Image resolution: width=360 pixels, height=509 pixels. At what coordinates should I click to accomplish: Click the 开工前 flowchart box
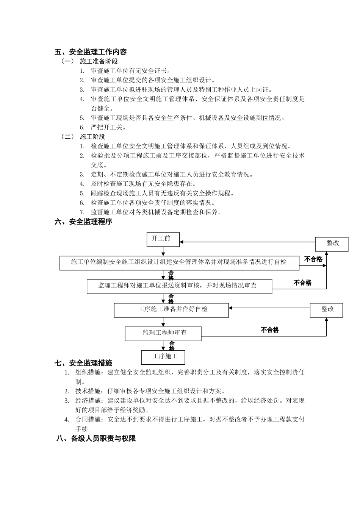coord(163,239)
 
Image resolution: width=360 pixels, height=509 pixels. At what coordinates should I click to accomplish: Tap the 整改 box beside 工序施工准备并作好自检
coord(327,309)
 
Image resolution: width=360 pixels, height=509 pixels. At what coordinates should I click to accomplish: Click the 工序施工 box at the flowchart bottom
coord(163,357)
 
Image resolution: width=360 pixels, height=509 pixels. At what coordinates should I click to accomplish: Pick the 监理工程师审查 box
coord(163,333)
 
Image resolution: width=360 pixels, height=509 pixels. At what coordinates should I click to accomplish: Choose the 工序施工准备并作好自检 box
coord(171,309)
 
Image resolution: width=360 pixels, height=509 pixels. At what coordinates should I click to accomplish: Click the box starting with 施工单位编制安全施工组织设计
coord(179,262)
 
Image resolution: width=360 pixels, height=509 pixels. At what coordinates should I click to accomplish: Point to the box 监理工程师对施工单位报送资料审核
coord(179,286)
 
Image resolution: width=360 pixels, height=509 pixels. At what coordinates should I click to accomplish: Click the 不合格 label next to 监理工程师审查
coord(270,330)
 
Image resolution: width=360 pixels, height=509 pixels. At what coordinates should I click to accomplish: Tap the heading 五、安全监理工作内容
coord(91,52)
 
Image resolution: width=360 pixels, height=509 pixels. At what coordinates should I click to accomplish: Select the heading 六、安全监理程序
coord(84,222)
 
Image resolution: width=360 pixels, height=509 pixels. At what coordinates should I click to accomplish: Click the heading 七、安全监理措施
coord(84,363)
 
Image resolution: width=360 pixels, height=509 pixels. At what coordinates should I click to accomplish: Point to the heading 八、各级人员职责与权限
coord(96,439)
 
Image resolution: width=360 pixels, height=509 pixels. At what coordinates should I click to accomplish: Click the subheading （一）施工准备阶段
coord(89,61)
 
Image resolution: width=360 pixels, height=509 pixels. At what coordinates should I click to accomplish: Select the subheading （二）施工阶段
coord(83,137)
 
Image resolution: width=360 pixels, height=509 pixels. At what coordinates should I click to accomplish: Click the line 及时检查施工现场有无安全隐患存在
coord(143,184)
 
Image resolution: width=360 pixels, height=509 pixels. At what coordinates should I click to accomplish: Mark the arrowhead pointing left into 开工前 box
coord(182,241)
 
